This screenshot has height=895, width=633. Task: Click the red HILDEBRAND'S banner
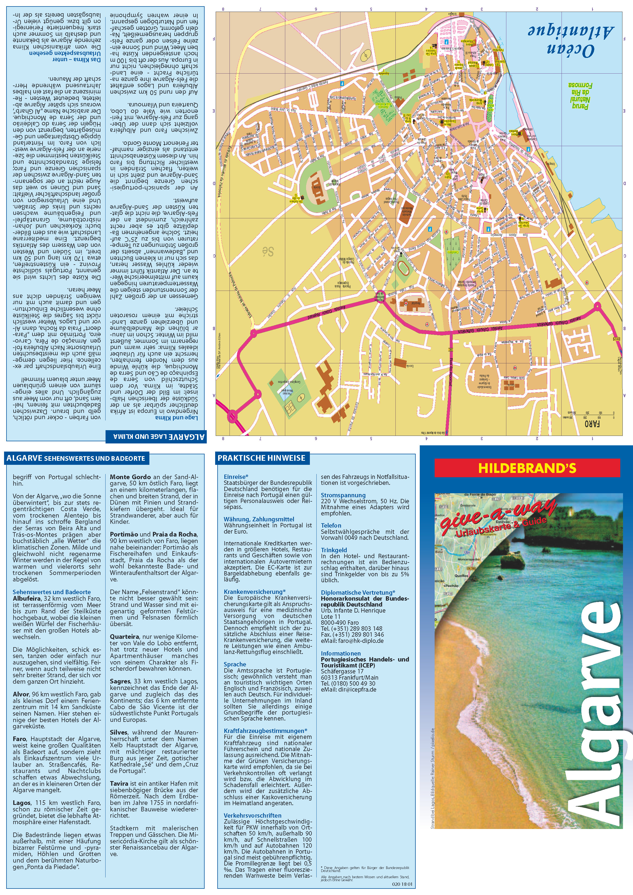527,468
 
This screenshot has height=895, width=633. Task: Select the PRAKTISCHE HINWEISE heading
261,458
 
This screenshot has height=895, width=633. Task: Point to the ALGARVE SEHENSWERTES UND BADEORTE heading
76,458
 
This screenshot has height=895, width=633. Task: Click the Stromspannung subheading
338,495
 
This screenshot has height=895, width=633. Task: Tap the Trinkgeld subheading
334,550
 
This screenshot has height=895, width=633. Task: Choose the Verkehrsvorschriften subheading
252,815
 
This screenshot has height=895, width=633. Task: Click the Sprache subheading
235,664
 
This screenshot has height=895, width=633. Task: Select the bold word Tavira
119,783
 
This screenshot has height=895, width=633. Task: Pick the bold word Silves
119,732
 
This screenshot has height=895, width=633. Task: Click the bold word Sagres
120,681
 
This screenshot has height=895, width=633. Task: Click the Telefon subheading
331,525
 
